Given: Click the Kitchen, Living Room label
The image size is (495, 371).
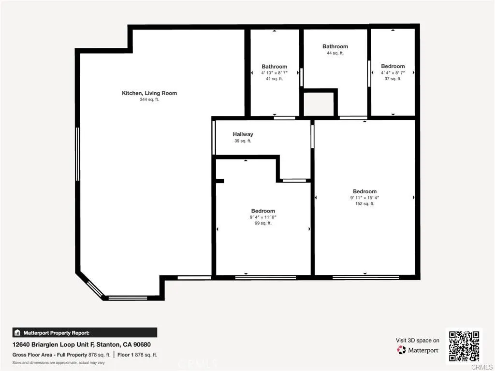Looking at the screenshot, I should [x=149, y=93].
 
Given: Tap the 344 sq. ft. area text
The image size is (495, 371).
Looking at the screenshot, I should [x=149, y=100].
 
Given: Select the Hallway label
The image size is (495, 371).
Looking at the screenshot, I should [x=243, y=134].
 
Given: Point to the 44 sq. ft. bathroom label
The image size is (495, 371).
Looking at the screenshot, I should [x=335, y=53].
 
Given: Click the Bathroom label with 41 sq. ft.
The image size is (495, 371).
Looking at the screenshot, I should [x=274, y=67].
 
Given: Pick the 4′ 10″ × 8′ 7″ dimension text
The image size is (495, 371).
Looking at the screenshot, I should [x=274, y=73].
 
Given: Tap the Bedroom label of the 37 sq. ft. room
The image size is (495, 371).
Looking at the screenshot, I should [x=393, y=66].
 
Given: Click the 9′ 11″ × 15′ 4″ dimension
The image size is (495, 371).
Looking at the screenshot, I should [x=364, y=198].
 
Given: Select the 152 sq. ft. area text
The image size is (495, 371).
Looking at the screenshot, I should [x=364, y=204].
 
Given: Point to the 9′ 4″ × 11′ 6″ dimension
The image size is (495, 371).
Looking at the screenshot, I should [x=263, y=217].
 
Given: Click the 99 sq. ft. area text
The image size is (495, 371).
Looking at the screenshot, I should [x=263, y=223].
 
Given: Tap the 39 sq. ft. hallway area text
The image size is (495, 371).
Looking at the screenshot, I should [x=243, y=141].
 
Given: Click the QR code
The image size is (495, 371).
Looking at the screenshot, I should [x=464, y=345].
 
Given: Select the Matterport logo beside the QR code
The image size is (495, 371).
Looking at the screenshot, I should [x=418, y=350].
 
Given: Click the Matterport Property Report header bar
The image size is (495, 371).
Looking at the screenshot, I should [x=85, y=332].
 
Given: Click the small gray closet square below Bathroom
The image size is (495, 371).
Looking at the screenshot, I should [x=319, y=104].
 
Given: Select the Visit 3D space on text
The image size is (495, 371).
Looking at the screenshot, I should [x=418, y=340].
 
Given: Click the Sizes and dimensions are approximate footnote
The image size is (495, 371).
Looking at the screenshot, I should [x=58, y=362].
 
